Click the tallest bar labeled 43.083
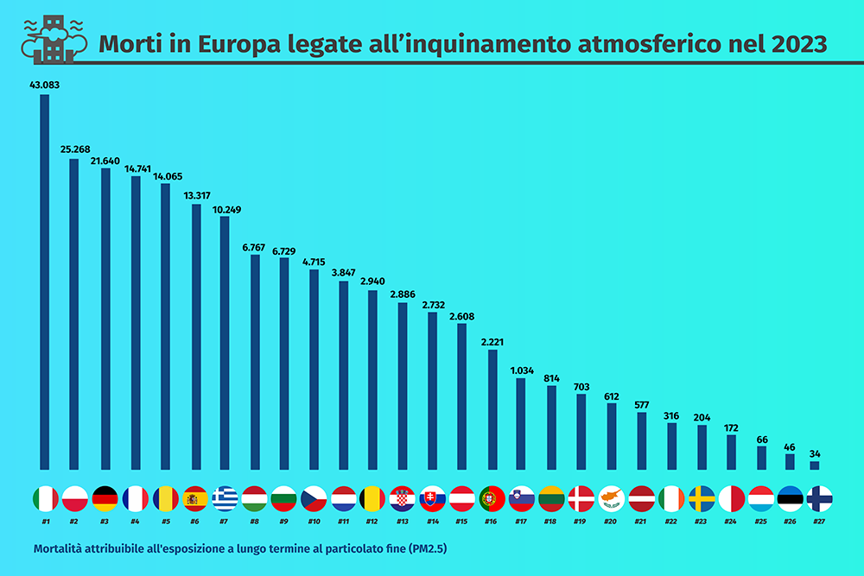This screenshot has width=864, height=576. pos(45,281)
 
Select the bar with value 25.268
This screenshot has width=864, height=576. pos(74,313)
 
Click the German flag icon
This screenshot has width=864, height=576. pos(105,498)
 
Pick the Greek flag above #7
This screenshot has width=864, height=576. pos(225,498)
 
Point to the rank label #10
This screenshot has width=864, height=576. pos(314,522)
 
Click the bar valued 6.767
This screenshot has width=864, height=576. pos(255,362)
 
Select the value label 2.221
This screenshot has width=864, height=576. pos(492,342)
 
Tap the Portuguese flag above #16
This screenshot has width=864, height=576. pos(492,498)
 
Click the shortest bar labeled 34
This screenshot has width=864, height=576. pos(814,465)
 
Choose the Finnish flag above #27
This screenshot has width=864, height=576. pos(818,498)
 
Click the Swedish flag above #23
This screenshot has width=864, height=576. pos(702,498)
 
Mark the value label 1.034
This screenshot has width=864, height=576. pos(521,370)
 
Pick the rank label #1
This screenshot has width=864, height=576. pos(45,522)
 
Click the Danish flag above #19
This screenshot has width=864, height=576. pos(581,498)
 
